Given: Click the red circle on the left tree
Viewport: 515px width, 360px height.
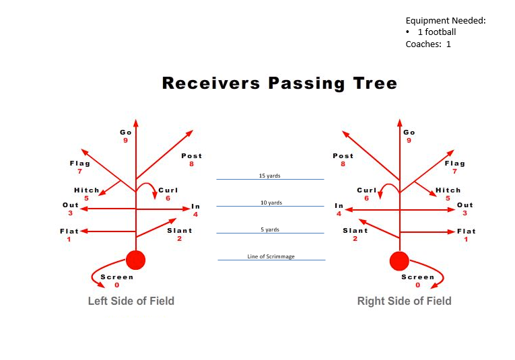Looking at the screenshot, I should tap(136, 260).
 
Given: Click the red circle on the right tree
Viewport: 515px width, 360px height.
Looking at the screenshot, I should tap(400, 260).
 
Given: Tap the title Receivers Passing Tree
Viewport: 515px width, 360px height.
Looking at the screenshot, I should tap(279, 83).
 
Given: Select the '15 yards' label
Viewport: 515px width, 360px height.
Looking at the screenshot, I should tap(269, 176).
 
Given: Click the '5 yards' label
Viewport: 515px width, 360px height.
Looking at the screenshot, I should tap(270, 229).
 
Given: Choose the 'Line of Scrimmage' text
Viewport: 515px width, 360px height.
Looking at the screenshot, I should tap(271, 256).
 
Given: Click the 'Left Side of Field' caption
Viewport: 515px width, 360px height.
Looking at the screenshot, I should tap(131, 301).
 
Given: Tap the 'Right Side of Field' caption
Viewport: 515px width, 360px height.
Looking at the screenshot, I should tap(404, 301).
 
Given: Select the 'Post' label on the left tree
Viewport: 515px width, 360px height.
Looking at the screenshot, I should tap(191, 155).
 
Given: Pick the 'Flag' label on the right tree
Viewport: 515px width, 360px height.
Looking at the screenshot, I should tap(454, 163).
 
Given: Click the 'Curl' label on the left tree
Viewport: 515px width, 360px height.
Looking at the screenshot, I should tap(168, 190).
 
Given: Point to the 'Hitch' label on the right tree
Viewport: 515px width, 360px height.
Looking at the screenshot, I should tap(448, 190).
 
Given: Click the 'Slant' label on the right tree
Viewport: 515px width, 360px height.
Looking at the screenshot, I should tap(355, 230).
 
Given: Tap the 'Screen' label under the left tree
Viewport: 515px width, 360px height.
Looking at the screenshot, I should tap(117, 277).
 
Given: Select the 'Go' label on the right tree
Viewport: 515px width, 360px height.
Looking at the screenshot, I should tap(409, 133).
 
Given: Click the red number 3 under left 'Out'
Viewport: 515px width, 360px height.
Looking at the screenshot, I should tap(70, 213).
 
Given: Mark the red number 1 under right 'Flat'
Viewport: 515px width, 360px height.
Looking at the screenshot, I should tap(466, 240).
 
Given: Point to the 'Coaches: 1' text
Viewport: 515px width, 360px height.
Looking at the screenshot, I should tap(428, 44).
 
